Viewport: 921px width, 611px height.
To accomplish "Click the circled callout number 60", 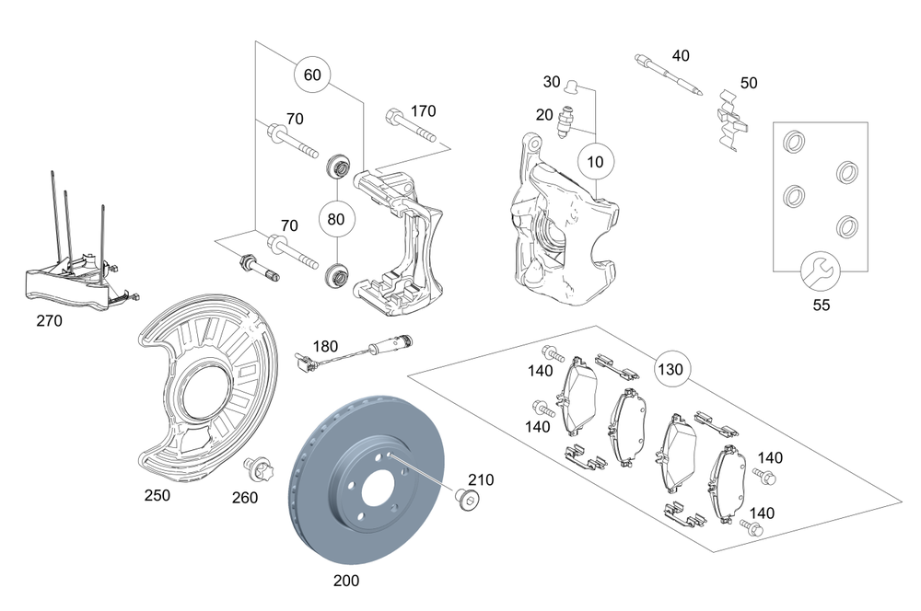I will (x=312, y=75).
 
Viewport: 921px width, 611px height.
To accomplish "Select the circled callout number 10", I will (x=596, y=162).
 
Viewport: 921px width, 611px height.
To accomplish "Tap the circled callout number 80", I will (x=336, y=220).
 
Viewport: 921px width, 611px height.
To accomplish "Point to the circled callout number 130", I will (x=671, y=369).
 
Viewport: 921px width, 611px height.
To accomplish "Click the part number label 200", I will (x=346, y=581).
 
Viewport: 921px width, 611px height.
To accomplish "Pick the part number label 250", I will (x=157, y=495).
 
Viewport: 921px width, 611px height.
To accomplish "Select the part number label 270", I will (x=49, y=321).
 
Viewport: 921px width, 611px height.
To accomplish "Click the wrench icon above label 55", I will (x=815, y=271).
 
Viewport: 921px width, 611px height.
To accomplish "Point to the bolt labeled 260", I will (x=251, y=469).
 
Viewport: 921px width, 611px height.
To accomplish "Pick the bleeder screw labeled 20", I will (x=567, y=120).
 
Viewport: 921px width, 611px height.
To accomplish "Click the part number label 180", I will (x=325, y=346).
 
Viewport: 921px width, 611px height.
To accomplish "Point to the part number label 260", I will (x=245, y=498).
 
